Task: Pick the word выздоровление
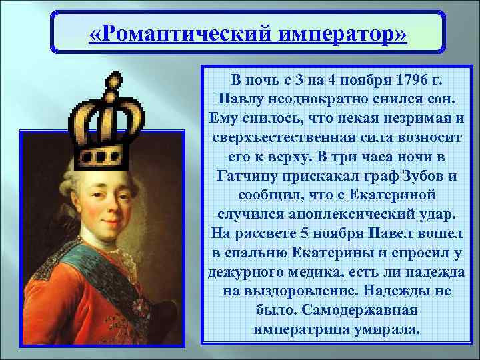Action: [289, 292]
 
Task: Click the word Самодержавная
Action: [359, 311]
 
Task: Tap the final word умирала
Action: [385, 330]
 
